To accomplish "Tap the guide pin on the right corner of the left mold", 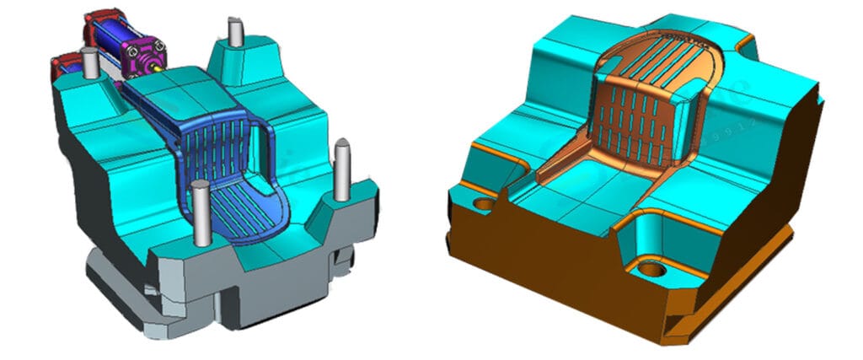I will (342, 169).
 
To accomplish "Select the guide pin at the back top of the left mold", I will (235, 32).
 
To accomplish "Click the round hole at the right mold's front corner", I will (651, 270).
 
